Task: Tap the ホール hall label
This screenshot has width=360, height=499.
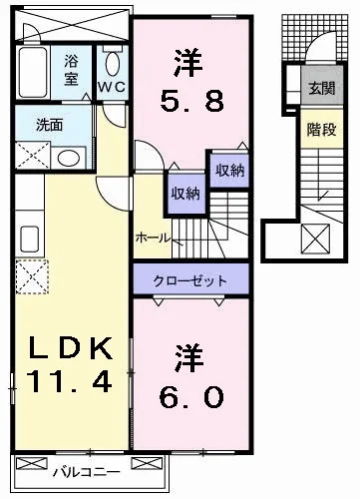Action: (152, 239)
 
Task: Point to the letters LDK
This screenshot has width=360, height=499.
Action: (68, 349)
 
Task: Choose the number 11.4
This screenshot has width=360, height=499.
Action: (68, 381)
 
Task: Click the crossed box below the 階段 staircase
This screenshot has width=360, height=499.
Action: (315, 240)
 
